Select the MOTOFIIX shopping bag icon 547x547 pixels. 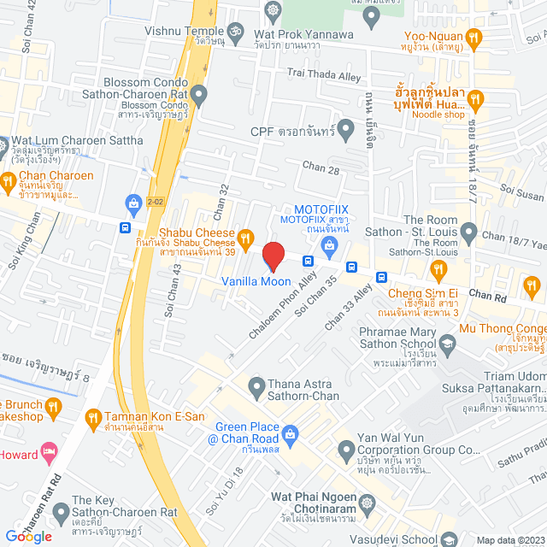click(330, 244)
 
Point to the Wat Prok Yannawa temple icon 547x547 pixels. click(273, 11)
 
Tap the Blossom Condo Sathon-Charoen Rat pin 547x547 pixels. click(199, 93)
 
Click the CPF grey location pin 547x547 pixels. click(345, 131)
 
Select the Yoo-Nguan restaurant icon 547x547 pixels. click(475, 37)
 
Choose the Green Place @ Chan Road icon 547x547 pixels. click(291, 434)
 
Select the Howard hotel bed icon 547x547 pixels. click(50, 450)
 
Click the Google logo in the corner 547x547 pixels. click(29, 536)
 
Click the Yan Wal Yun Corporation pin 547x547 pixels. click(345, 449)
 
